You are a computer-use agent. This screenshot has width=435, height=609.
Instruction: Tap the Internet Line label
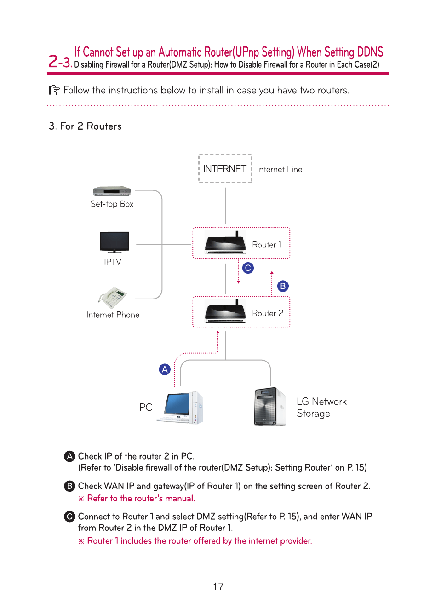click(x=280, y=169)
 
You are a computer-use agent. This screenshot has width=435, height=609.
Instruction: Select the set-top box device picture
click(x=111, y=191)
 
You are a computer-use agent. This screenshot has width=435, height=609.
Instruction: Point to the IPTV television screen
click(x=114, y=241)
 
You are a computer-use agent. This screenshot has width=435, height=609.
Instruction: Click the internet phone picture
click(x=112, y=298)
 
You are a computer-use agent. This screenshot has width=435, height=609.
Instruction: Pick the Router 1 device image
click(x=225, y=242)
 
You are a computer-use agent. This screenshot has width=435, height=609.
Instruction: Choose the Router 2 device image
click(x=225, y=311)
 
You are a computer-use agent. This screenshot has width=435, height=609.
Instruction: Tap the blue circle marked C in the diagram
click(x=248, y=268)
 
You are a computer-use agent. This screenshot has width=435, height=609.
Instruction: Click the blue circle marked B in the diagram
click(x=283, y=286)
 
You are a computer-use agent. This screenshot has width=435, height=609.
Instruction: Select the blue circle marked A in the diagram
click(x=165, y=369)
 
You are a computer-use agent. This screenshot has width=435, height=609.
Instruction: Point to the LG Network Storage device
click(x=270, y=407)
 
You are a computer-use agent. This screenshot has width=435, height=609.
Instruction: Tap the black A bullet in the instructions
click(x=69, y=456)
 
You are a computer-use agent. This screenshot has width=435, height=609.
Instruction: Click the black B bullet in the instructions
click(x=69, y=486)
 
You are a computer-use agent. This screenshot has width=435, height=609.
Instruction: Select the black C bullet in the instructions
click(x=69, y=517)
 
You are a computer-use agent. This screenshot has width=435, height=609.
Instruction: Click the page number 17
click(x=218, y=586)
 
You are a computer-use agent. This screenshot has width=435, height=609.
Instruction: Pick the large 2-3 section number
click(x=60, y=62)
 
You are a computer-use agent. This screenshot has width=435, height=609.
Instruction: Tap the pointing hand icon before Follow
click(x=54, y=90)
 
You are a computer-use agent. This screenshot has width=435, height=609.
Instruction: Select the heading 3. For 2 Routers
click(x=85, y=126)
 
